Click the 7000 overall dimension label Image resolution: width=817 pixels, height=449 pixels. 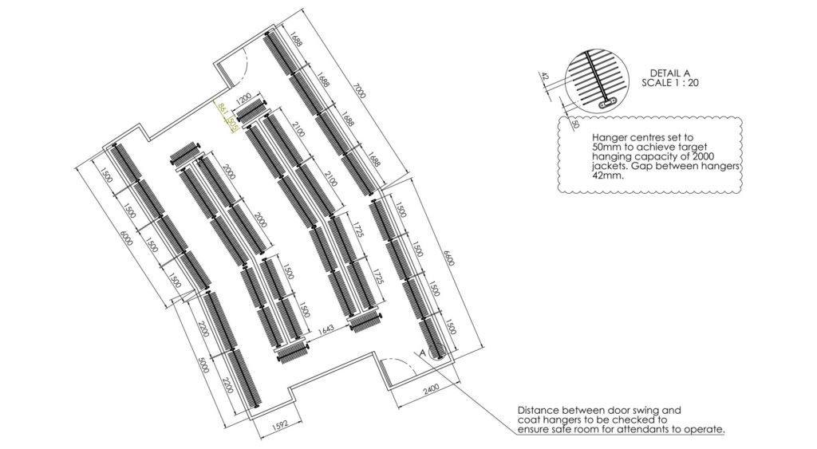pos(361,94)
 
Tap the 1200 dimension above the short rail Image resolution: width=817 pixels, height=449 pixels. pos(244,100)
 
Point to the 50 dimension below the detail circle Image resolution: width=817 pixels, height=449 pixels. pos(572,124)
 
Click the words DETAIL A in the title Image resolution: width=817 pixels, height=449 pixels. pos(670,73)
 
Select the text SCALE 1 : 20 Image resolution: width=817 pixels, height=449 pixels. pos(670,82)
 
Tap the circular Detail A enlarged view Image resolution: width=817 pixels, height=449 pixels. pos(600,78)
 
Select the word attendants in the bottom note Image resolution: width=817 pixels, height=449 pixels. pos(645,429)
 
